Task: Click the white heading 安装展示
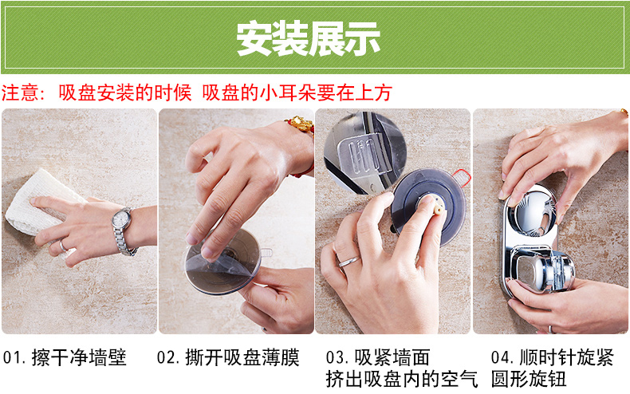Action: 309,38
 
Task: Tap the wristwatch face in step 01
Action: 121,219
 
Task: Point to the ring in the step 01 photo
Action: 63,246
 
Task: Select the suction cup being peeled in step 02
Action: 223,262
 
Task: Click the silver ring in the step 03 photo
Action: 348,262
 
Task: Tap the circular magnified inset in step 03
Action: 364,153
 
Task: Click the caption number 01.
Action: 10,357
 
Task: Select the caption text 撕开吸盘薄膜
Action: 242,357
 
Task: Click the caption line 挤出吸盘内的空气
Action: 402,379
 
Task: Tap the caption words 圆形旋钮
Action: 529,379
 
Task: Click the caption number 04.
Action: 500,357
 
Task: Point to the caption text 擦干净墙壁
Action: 79,357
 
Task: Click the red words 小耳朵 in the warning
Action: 288,93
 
